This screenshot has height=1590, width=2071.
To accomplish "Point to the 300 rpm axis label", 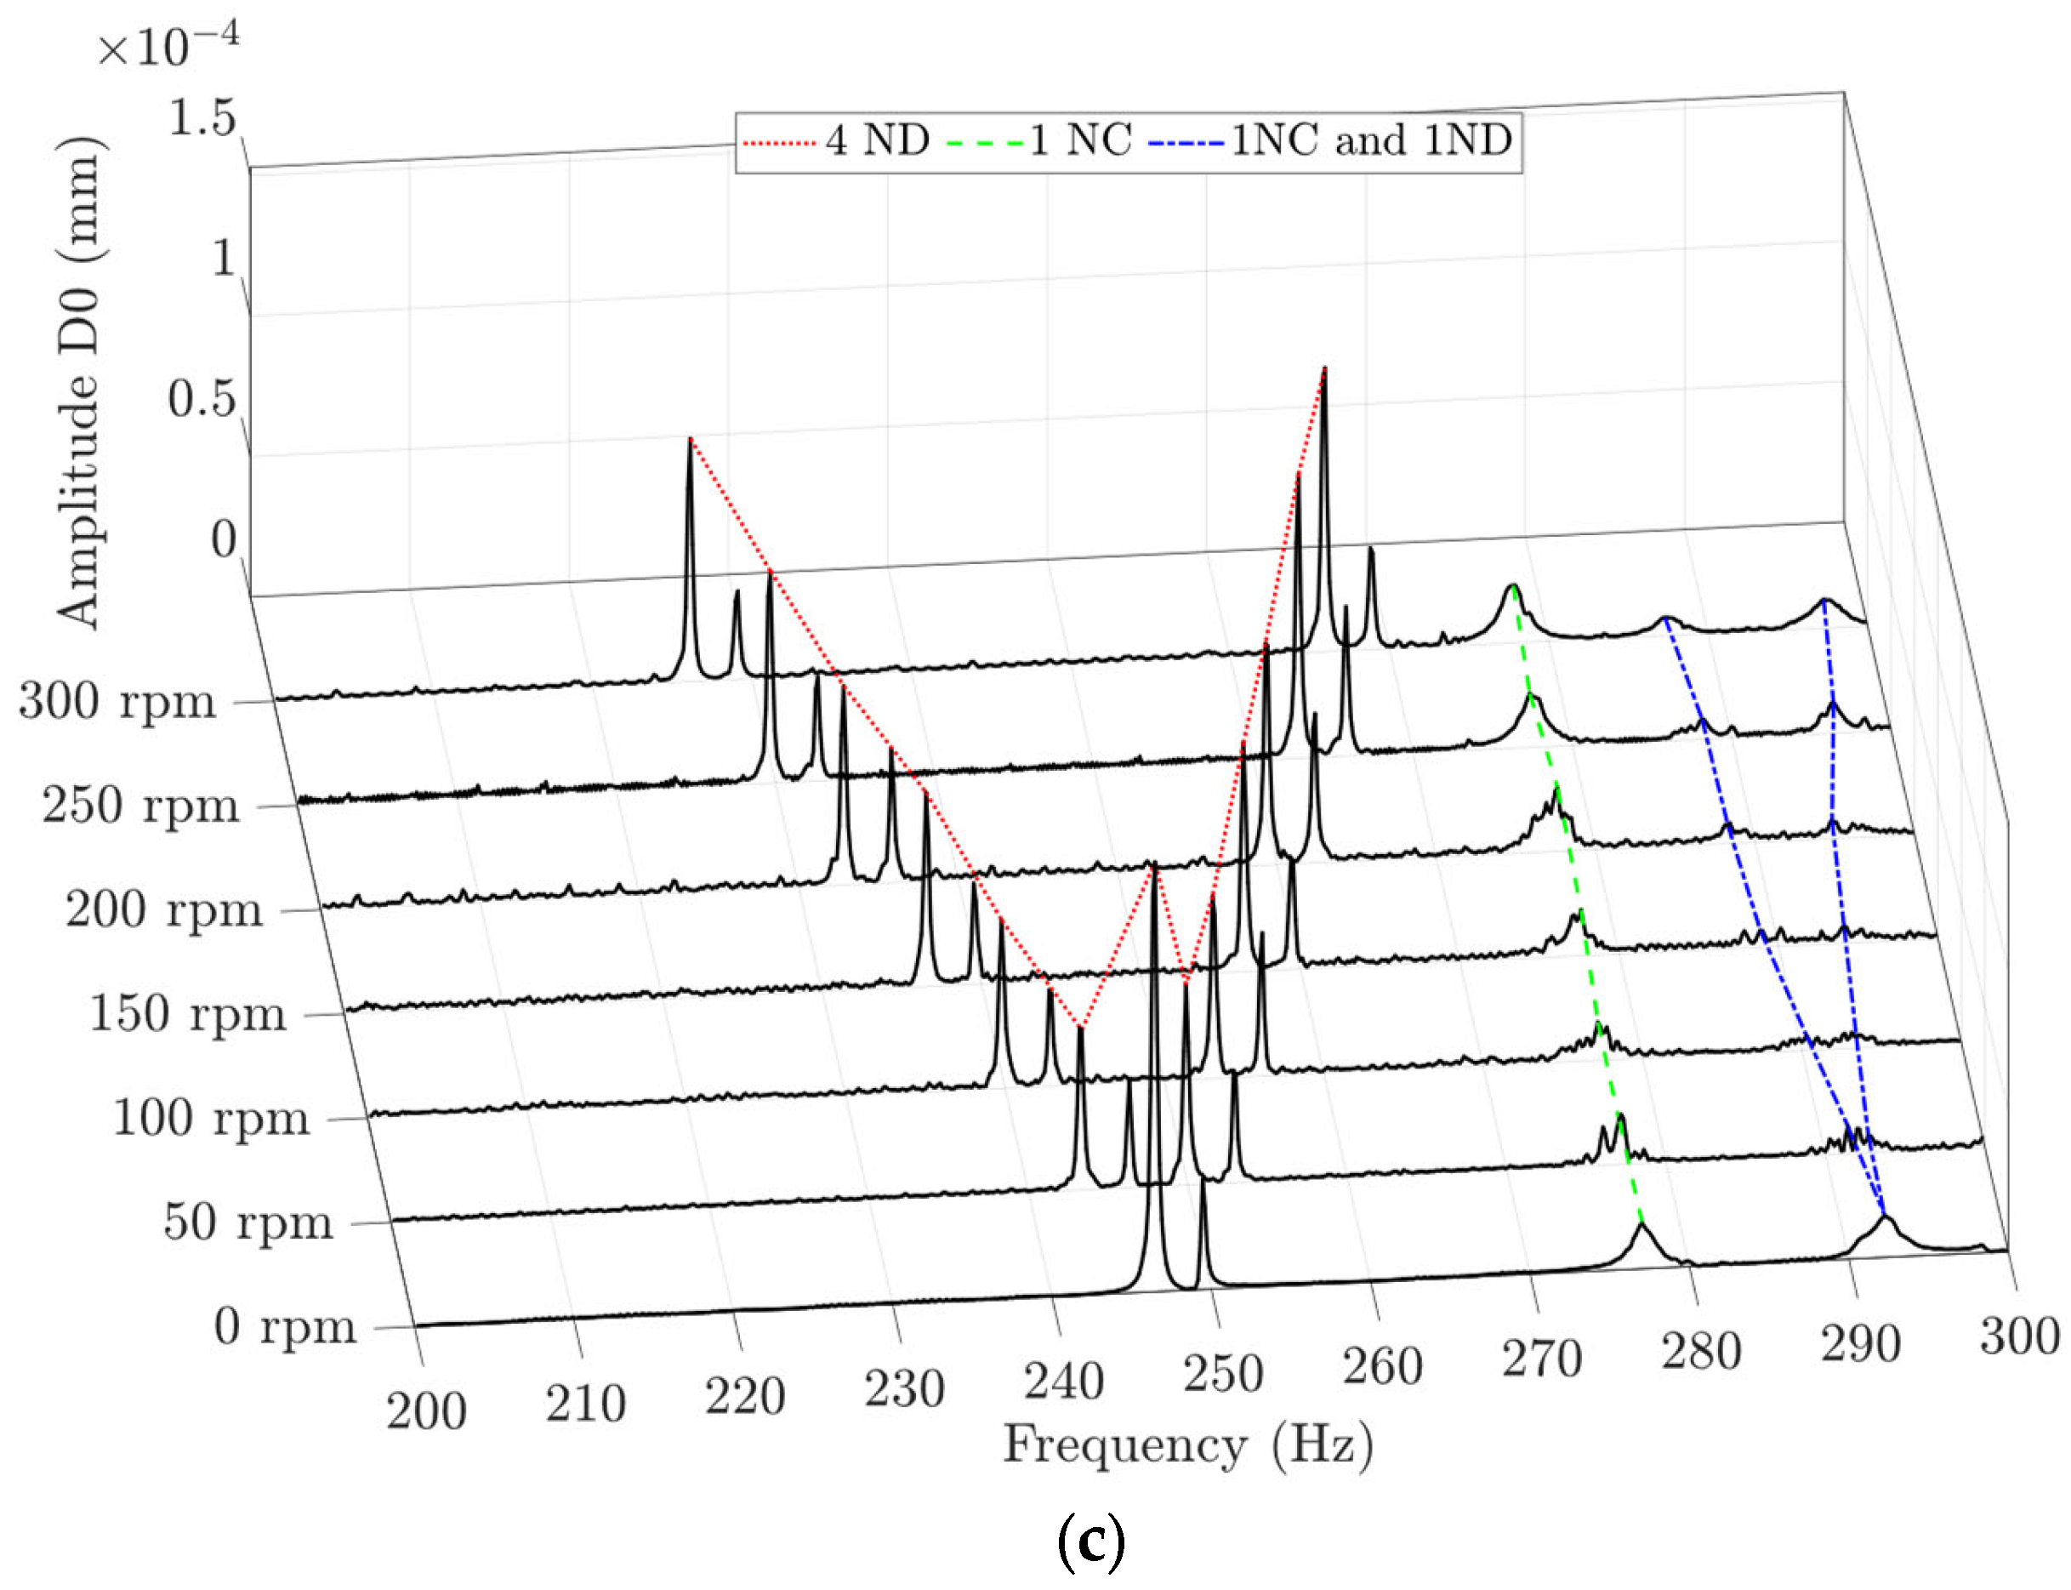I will pyautogui.click(x=117, y=702).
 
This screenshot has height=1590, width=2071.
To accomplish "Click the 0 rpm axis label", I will pyautogui.click(x=285, y=1326).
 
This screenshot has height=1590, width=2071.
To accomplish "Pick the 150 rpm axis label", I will pyautogui.click(x=187, y=1015).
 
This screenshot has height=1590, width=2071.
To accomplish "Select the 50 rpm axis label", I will pyautogui.click(x=247, y=1222).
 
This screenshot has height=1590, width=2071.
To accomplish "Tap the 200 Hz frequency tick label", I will pyautogui.click(x=426, y=1411).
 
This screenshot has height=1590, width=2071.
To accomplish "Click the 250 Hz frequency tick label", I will pyautogui.click(x=1222, y=1374).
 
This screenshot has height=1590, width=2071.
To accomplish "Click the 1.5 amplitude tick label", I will pyautogui.click(x=202, y=119).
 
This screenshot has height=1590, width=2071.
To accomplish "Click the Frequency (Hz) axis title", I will pyautogui.click(x=1187, y=1446).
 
